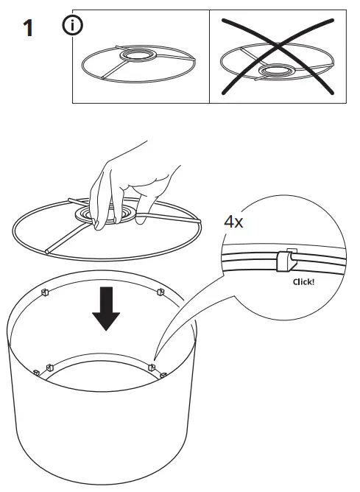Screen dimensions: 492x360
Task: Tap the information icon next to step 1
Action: [x=74, y=26]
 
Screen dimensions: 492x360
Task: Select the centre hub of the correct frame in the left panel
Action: [x=136, y=57]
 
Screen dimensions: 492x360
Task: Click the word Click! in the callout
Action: [x=303, y=281]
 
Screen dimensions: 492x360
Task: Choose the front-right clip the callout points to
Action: [x=152, y=365]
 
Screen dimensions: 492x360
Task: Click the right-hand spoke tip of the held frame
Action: [x=198, y=220]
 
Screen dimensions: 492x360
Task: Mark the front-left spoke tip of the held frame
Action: [x=46, y=252]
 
